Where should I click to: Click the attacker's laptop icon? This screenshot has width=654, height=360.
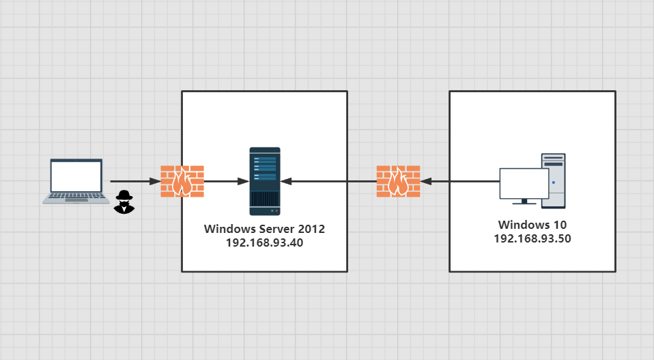pyautogui.click(x=76, y=181)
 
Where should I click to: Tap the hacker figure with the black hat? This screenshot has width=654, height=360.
pyautogui.click(x=124, y=202)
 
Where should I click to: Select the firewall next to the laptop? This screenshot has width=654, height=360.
pyautogui.click(x=182, y=181)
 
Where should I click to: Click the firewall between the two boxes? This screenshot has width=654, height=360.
pyautogui.click(x=398, y=181)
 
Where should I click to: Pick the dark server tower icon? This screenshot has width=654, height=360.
pyautogui.click(x=265, y=181)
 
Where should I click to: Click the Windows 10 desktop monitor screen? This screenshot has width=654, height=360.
pyautogui.click(x=524, y=184)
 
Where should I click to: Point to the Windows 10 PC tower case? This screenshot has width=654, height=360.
pyautogui.click(x=554, y=180)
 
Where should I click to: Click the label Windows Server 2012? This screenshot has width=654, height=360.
pyautogui.click(x=264, y=229)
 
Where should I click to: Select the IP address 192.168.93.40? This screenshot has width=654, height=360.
pyautogui.click(x=264, y=243)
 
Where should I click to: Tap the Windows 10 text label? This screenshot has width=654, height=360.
pyautogui.click(x=532, y=225)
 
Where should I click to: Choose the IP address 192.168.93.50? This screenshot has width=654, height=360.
pyautogui.click(x=532, y=238)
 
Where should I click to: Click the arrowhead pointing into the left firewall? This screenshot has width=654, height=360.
pyautogui.click(x=155, y=182)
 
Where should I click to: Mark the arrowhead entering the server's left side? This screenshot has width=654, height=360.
pyautogui.click(x=244, y=182)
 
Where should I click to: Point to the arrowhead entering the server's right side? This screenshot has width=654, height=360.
pyautogui.click(x=286, y=182)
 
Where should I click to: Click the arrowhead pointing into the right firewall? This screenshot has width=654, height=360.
pyautogui.click(x=426, y=182)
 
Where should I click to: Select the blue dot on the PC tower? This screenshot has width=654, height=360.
pyautogui.click(x=554, y=182)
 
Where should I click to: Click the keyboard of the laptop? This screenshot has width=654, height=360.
pyautogui.click(x=76, y=196)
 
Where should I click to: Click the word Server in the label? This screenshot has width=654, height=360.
pyautogui.click(x=276, y=229)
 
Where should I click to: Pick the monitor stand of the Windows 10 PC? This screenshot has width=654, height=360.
pyautogui.click(x=524, y=202)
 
